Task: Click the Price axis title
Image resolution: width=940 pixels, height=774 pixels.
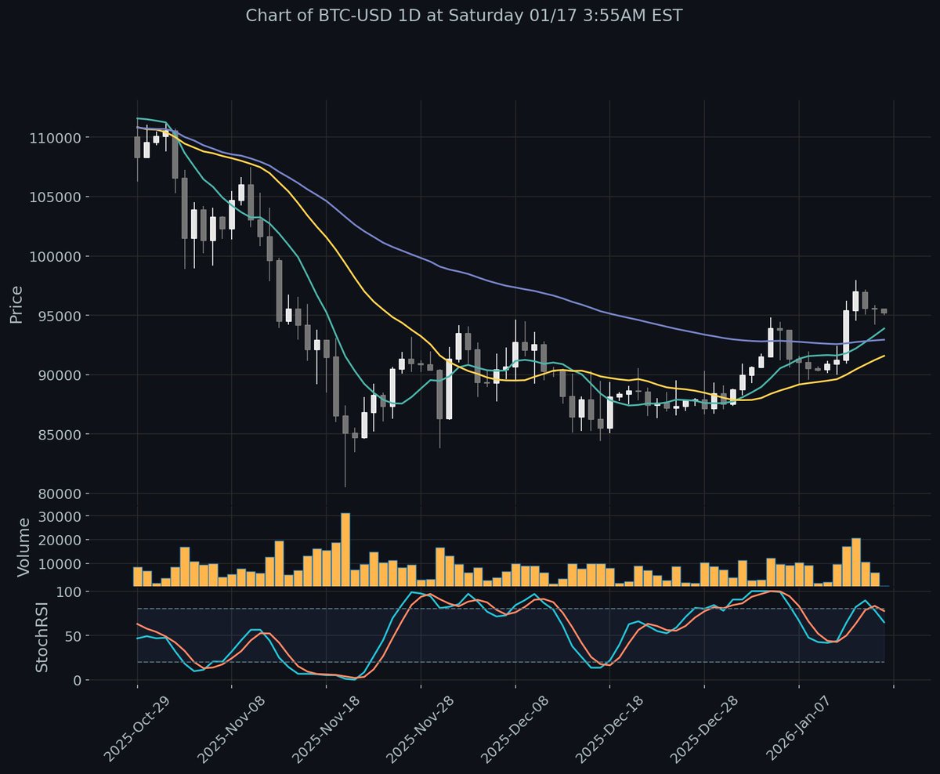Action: pyautogui.click(x=16, y=305)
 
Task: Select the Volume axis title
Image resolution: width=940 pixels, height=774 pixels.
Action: pyautogui.click(x=23, y=547)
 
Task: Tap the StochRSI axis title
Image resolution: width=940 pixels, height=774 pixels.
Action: pyautogui.click(x=42, y=636)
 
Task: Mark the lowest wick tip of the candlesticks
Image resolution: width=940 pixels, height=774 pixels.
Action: pyautogui.click(x=345, y=486)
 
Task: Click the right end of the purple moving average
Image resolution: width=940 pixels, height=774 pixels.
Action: pyautogui.click(x=884, y=340)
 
